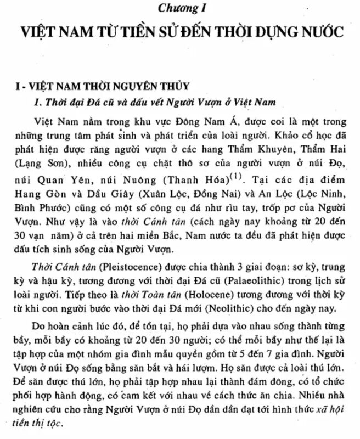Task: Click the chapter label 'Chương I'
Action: click(180, 8)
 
